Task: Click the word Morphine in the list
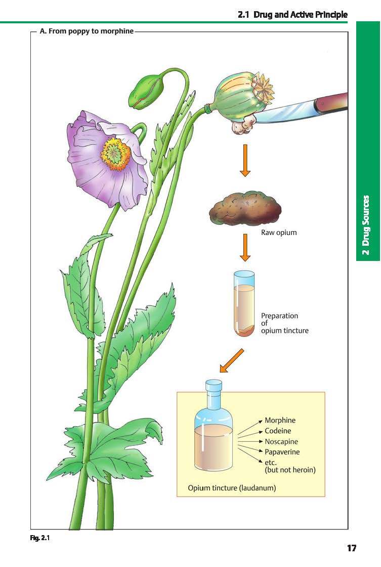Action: click(280, 421)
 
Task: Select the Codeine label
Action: click(278, 431)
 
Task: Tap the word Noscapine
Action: click(282, 441)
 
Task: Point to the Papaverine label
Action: click(282, 451)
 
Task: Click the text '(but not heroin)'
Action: click(290, 470)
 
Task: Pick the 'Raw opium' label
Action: click(279, 233)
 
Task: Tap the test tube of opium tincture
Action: click(244, 304)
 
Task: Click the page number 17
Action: click(352, 548)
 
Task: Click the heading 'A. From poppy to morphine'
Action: click(87, 31)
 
